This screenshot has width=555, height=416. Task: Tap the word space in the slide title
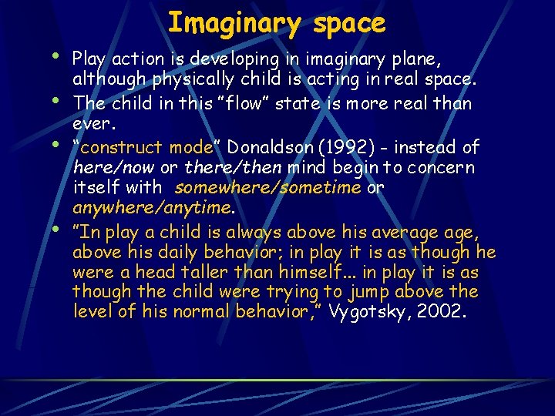[x=349, y=23]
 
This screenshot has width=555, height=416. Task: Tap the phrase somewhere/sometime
[x=267, y=188]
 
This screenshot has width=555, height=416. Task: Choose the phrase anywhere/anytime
[x=152, y=208]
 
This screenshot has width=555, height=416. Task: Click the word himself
[x=293, y=272]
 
